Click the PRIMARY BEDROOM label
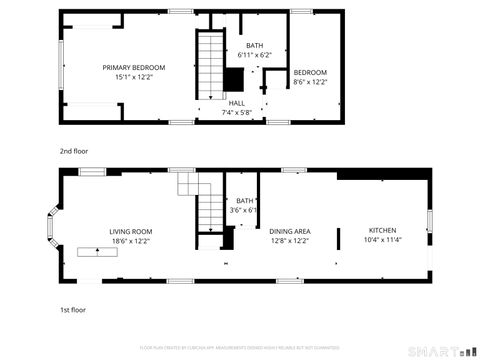(x=134, y=67)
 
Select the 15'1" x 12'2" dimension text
(x=134, y=77)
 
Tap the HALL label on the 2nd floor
(x=236, y=103)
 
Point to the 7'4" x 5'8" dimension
(x=236, y=113)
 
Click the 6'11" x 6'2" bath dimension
(x=254, y=56)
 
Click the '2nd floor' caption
(x=73, y=151)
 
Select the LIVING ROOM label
(x=130, y=231)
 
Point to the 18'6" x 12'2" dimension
(x=130, y=241)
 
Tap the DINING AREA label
(x=289, y=231)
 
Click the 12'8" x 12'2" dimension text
(x=289, y=241)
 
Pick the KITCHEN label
(x=383, y=231)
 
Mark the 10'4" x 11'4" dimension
(x=383, y=241)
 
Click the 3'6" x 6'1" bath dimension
(x=244, y=210)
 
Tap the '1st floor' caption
(x=72, y=310)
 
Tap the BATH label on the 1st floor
(x=244, y=200)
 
